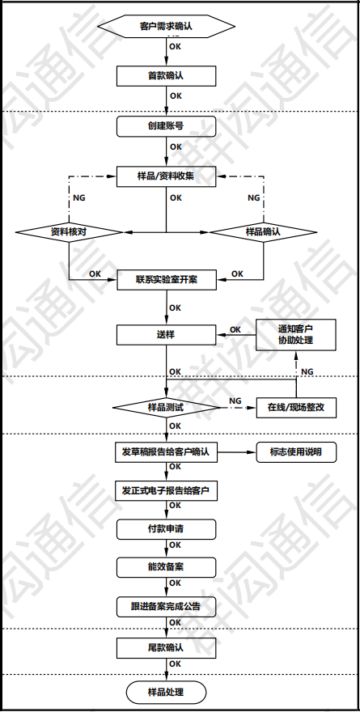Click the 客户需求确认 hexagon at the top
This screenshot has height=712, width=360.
166,27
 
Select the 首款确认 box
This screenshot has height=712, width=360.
166,76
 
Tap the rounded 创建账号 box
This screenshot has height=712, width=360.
166,126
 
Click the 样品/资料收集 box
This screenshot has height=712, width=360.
166,176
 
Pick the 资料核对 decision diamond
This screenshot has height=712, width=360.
69,231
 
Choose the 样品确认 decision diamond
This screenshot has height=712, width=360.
263,231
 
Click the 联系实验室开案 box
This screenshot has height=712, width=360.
166,280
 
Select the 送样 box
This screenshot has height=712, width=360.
166,334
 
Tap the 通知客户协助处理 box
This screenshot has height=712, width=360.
295,334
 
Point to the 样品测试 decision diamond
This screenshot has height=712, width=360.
166,407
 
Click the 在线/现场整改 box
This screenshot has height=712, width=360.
295,407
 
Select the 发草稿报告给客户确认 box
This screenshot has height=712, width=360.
166,452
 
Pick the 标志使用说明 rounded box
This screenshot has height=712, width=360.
295,452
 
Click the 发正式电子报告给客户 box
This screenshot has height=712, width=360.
166,491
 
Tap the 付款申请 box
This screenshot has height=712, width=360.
166,529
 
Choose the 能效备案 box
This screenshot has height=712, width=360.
166,566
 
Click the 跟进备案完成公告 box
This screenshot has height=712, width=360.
166,605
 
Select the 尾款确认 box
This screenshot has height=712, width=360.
166,648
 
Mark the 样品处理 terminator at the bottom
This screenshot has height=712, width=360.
166,692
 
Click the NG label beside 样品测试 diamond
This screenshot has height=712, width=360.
235,400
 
